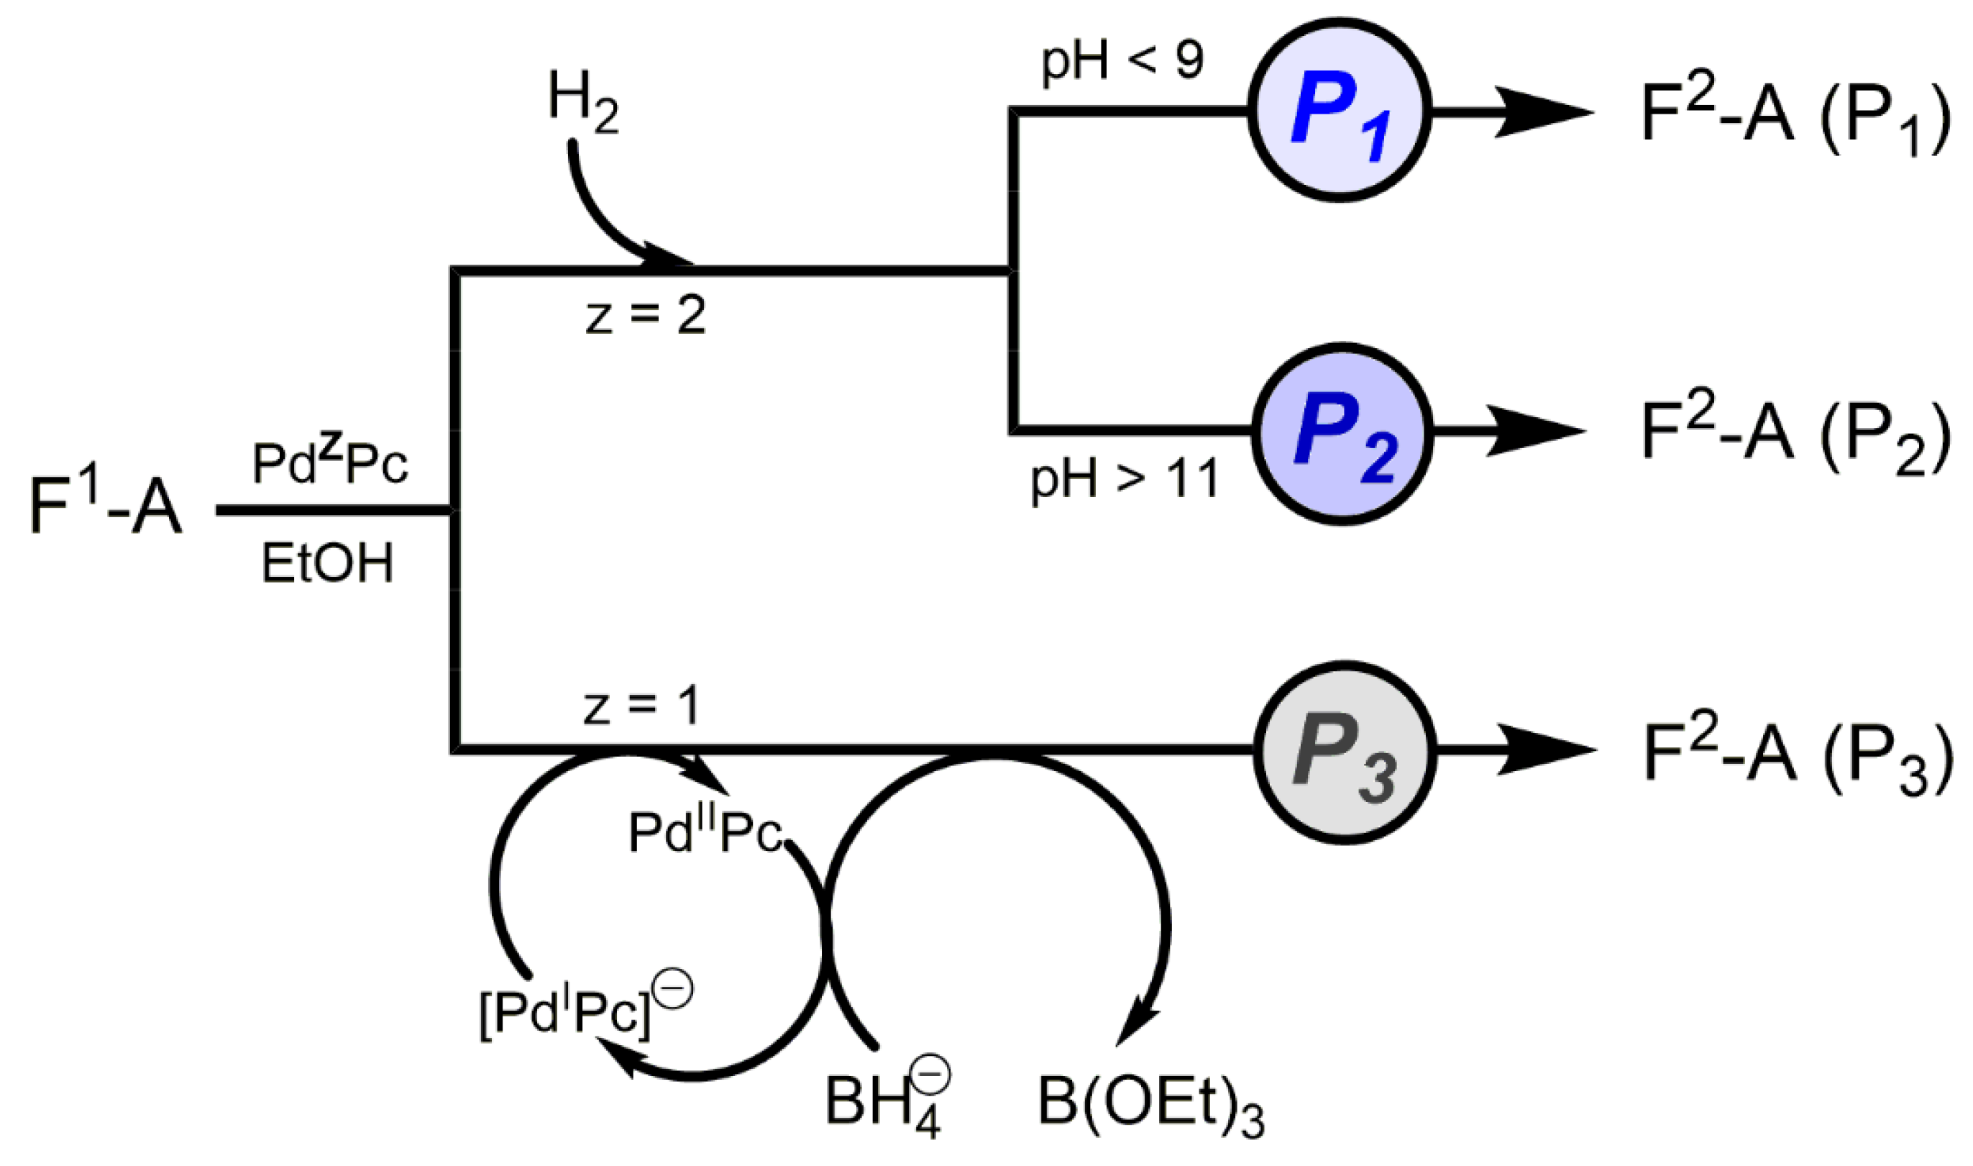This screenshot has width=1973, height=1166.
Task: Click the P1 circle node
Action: (x=1339, y=111)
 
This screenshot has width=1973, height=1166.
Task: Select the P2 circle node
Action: (x=1342, y=433)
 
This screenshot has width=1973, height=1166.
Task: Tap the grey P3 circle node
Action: (x=1344, y=752)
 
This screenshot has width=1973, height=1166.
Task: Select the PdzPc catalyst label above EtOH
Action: (x=330, y=463)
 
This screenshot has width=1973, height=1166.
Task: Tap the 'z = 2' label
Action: (x=646, y=316)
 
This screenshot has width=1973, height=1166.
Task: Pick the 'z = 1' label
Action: (x=641, y=706)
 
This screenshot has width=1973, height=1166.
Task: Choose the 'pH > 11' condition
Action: (x=1124, y=478)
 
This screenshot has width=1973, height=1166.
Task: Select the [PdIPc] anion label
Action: (x=585, y=1014)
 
